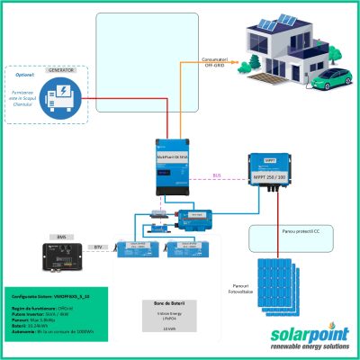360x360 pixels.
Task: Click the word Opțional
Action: coord(21,75)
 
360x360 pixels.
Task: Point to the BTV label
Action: coord(98,245)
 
